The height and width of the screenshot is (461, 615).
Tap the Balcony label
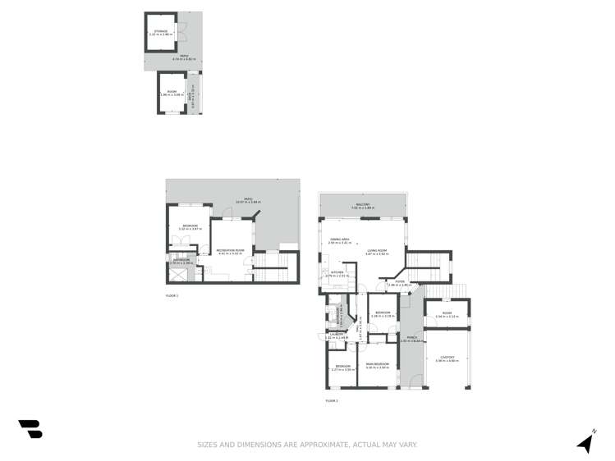pyautogui.click(x=362, y=205)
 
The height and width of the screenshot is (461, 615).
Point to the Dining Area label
pyautogui.click(x=339, y=240)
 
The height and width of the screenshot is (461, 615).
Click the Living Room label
pyautogui.click(x=377, y=252)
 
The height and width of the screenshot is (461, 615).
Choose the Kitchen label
pyautogui.click(x=337, y=273)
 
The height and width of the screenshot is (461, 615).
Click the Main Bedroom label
pyautogui.click(x=377, y=365)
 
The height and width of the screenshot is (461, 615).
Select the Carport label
pyautogui.click(x=447, y=358)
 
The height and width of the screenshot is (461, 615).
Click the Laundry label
pyautogui.click(x=337, y=335)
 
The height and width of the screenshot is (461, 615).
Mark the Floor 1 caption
pyautogui.click(x=172, y=294)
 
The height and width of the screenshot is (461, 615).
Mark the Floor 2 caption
pyautogui.click(x=332, y=400)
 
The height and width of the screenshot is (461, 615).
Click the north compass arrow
pyautogui.click(x=586, y=441)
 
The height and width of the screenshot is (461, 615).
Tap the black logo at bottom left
pyautogui.click(x=30, y=428)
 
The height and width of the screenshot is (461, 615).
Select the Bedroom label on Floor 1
pyautogui.click(x=190, y=226)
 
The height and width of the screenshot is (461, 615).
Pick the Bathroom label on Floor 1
pyautogui.click(x=182, y=261)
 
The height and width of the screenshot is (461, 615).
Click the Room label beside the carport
pyautogui.click(x=447, y=314)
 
